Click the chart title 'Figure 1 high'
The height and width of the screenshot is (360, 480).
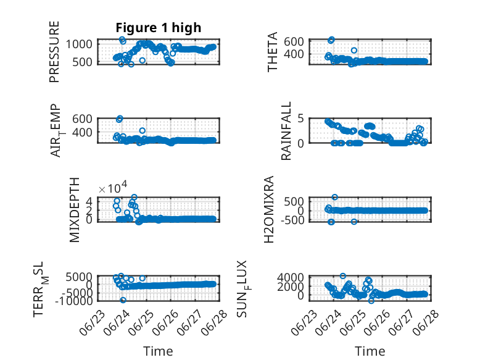click(x=159, y=28)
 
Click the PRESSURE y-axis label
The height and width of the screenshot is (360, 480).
click(x=54, y=52)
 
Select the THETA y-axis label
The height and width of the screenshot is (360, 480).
click(x=272, y=52)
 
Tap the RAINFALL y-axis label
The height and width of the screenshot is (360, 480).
click(x=286, y=131)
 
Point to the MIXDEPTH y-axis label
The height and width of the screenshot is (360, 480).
click(x=75, y=210)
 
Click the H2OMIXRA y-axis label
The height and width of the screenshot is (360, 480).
click(x=268, y=209)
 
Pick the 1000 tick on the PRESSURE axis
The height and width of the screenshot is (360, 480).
click(x=79, y=44)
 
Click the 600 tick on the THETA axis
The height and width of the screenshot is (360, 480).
click(x=294, y=41)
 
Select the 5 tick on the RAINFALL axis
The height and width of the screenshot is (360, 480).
click(x=300, y=119)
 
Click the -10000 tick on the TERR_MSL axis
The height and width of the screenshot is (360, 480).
click(x=74, y=301)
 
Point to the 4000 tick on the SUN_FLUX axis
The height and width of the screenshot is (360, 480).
click(x=291, y=278)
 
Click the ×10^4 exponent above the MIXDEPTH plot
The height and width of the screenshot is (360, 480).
click(x=113, y=188)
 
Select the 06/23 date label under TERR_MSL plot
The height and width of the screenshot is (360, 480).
click(x=92, y=322)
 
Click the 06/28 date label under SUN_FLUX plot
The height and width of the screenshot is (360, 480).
click(x=426, y=322)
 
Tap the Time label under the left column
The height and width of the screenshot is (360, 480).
click(x=159, y=351)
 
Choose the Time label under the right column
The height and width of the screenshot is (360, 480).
click(x=370, y=351)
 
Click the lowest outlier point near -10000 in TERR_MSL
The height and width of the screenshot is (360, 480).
click(x=123, y=300)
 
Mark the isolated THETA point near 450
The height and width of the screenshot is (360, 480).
click(x=354, y=50)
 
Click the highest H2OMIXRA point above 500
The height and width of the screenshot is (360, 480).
click(x=335, y=197)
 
